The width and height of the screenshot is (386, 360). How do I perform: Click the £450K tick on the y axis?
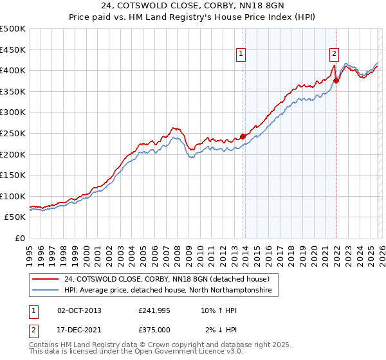tap(13, 50)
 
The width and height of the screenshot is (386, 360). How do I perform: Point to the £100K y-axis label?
tap(13, 196)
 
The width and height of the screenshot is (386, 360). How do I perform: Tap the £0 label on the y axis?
tap(20, 239)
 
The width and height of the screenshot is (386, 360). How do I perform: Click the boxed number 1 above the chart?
tap(241, 55)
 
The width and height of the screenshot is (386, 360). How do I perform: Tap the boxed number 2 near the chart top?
tap(335, 54)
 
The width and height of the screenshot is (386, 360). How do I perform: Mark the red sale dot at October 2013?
tap(243, 136)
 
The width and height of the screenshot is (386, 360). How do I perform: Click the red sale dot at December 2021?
tap(336, 80)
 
